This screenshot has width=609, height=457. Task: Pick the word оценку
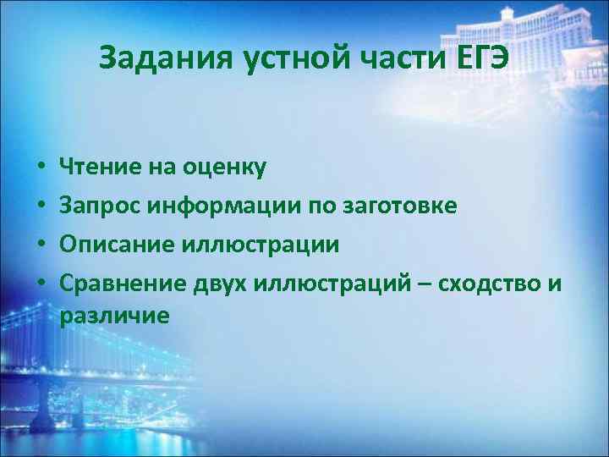pos(222,167)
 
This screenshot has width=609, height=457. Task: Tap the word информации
pos(213,206)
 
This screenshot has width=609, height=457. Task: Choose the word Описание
pos(117,245)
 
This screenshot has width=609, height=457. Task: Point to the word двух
pos(214,284)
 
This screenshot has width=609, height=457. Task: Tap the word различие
pos(114,316)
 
